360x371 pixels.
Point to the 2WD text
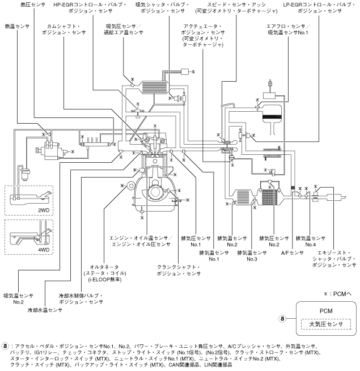pyautogui.click(x=43, y=209)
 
